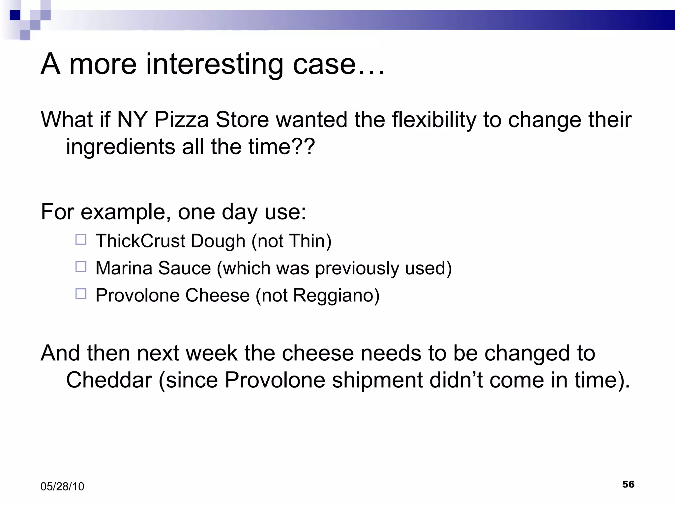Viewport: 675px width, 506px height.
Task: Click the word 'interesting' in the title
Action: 214,64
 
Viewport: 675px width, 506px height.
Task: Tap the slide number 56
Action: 628,484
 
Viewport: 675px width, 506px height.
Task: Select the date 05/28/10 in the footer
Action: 62,487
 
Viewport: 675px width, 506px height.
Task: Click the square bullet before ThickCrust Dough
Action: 81,239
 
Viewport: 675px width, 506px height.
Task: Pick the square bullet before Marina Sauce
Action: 81,267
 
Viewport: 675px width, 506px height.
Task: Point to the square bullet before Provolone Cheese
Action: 81,294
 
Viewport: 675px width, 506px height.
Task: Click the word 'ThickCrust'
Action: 140,241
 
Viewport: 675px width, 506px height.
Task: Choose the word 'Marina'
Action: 124,268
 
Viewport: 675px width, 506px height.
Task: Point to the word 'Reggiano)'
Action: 336,295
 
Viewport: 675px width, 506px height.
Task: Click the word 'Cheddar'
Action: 109,380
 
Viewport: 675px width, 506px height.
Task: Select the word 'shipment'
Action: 378,380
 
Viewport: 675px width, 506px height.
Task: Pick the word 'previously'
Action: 357,268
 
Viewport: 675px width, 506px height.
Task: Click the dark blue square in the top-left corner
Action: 15,15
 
